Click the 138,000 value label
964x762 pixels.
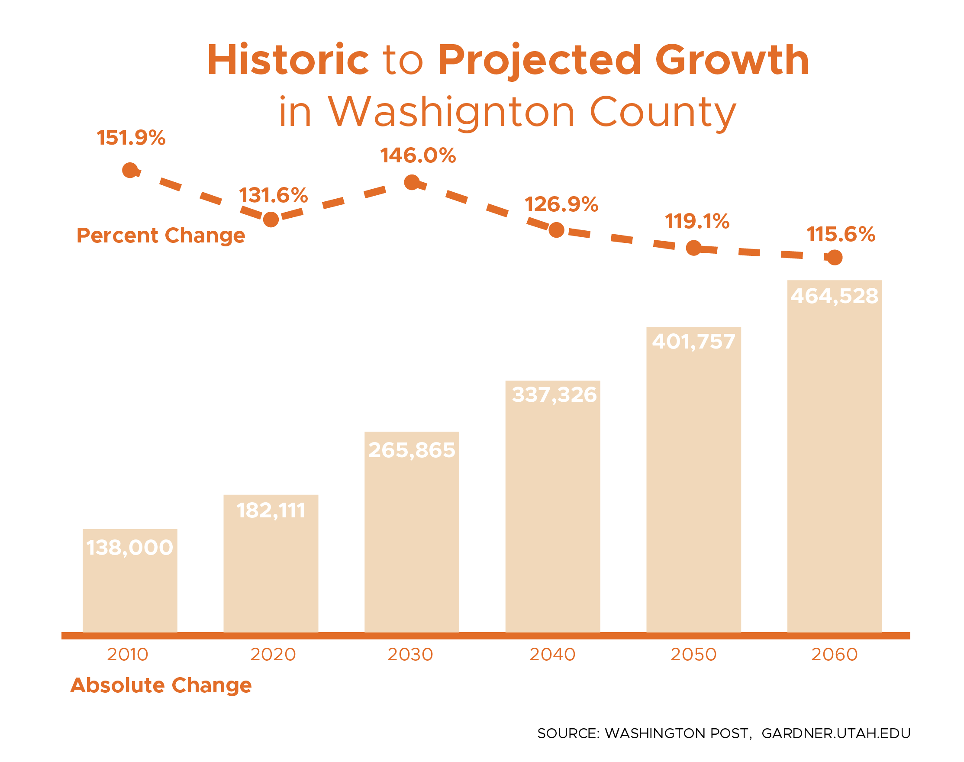pos(129,547)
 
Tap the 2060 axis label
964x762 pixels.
pos(834,655)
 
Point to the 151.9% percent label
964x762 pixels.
pos(131,137)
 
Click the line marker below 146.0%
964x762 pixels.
pos(411,182)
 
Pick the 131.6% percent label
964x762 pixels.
pos(273,195)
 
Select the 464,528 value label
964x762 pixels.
pos(834,296)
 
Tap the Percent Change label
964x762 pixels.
pos(161,235)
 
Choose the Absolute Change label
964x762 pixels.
pos(161,685)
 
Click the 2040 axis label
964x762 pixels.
pos(552,655)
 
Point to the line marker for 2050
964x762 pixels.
pos(693,248)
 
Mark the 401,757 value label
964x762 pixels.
pos(693,341)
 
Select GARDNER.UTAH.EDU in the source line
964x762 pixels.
pos(835,733)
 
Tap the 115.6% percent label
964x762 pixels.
pos(841,234)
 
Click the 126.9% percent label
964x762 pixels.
pos(561,204)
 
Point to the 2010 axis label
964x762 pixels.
pos(128,655)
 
